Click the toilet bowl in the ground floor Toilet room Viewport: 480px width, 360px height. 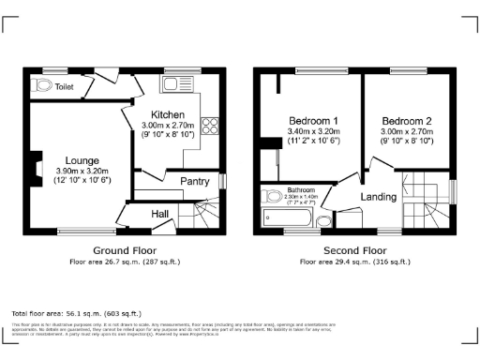click(x=42, y=85)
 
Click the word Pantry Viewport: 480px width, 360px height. click(x=194, y=180)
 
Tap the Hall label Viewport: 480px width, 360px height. click(x=160, y=215)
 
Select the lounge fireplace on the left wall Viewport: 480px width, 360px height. click(x=35, y=167)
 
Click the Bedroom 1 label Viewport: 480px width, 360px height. click(x=314, y=122)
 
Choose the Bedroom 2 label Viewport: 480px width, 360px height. click(x=408, y=122)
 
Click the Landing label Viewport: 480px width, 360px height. click(x=379, y=197)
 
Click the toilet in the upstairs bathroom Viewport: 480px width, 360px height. click(x=274, y=197)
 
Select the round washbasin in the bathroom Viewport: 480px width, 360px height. click(x=324, y=221)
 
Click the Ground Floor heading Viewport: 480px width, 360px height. click(x=124, y=251)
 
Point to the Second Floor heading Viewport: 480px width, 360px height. click(x=354, y=251)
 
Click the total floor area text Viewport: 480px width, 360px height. click(x=76, y=313)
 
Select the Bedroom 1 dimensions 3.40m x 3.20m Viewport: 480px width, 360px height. click(x=314, y=132)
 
